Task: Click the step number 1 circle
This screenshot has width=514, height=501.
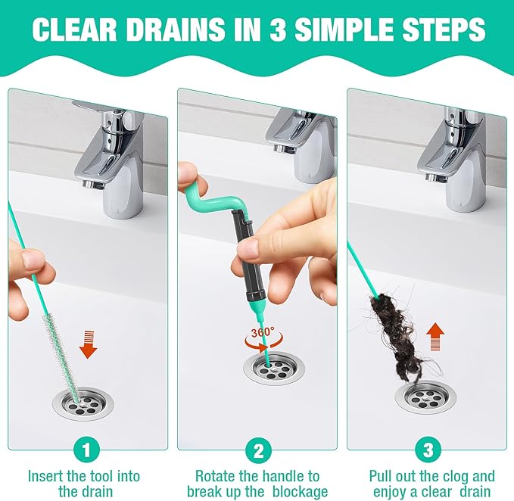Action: point(86,451)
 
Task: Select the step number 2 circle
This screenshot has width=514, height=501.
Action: point(258,451)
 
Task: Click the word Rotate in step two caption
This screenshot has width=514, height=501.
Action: point(217,477)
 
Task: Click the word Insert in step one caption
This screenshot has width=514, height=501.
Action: point(46,477)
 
